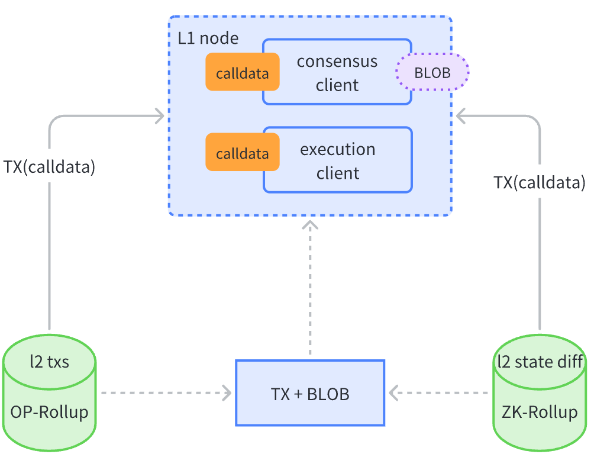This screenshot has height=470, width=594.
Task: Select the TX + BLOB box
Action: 310,393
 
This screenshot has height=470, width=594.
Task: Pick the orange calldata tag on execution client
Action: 242,153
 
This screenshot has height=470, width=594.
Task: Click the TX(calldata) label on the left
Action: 49,166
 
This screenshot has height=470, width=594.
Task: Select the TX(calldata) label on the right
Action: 540,182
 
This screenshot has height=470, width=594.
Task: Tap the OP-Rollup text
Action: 49,412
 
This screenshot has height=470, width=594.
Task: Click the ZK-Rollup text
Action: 540,412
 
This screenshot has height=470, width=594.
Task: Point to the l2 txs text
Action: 49,361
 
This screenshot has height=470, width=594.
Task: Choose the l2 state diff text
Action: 540,361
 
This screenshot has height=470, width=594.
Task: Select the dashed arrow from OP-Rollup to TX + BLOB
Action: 166,392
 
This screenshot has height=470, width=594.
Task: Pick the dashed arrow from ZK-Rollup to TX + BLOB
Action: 441,392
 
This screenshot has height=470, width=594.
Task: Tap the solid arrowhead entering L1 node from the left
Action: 159,116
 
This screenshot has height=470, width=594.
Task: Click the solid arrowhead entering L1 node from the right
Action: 462,116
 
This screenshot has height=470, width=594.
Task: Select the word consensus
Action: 337,62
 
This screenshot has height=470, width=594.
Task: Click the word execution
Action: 338,149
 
